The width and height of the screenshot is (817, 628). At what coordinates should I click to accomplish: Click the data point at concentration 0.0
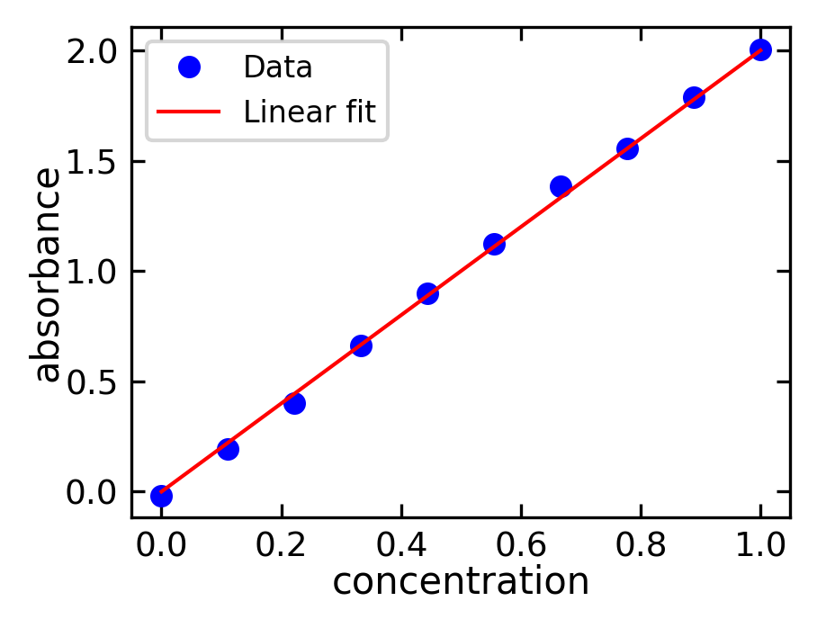point(161,495)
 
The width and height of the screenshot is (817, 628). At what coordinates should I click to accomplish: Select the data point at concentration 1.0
point(760,49)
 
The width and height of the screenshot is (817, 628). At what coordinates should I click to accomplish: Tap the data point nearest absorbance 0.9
point(427,293)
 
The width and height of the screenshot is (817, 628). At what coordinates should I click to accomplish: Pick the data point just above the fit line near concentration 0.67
point(561,186)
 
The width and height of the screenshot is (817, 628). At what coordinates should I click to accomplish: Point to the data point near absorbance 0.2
point(228,449)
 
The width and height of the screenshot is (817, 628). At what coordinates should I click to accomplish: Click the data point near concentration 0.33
point(361,345)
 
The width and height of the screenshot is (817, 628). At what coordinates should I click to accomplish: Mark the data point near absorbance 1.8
point(694,97)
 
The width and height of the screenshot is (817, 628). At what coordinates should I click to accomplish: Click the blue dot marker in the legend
point(188,67)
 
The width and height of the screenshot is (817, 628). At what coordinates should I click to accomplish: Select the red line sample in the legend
point(188,112)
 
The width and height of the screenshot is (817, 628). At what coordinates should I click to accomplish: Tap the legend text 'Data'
point(277,67)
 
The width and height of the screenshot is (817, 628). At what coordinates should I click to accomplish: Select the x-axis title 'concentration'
point(461,582)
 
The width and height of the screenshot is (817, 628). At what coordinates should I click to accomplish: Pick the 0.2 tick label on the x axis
point(282,544)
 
